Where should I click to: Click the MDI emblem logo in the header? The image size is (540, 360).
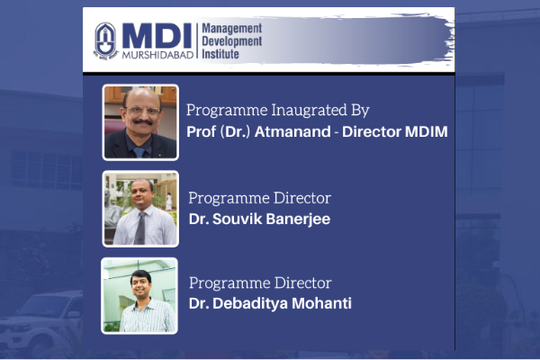coord(105,41)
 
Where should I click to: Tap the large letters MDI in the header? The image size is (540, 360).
coord(157,36)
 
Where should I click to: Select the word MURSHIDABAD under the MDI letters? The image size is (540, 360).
coord(157,55)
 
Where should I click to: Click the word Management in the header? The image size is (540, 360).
coord(232,29)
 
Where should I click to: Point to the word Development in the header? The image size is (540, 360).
coord(232,41)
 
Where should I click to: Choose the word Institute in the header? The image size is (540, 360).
coord(220,54)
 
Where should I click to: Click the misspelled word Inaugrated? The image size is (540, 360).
coord(309,110)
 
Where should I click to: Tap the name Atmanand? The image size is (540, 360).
coord(292,131)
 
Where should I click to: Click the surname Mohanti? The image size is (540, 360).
coord(321,303)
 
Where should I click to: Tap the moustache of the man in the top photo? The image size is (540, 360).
coord(142,121)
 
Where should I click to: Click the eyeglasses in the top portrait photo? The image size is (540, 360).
coord(142,110)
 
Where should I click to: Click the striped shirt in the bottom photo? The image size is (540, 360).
coord(148,316)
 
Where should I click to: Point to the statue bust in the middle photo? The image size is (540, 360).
coord(112,210)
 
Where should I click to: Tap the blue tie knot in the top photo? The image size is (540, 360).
coord(139,151)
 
